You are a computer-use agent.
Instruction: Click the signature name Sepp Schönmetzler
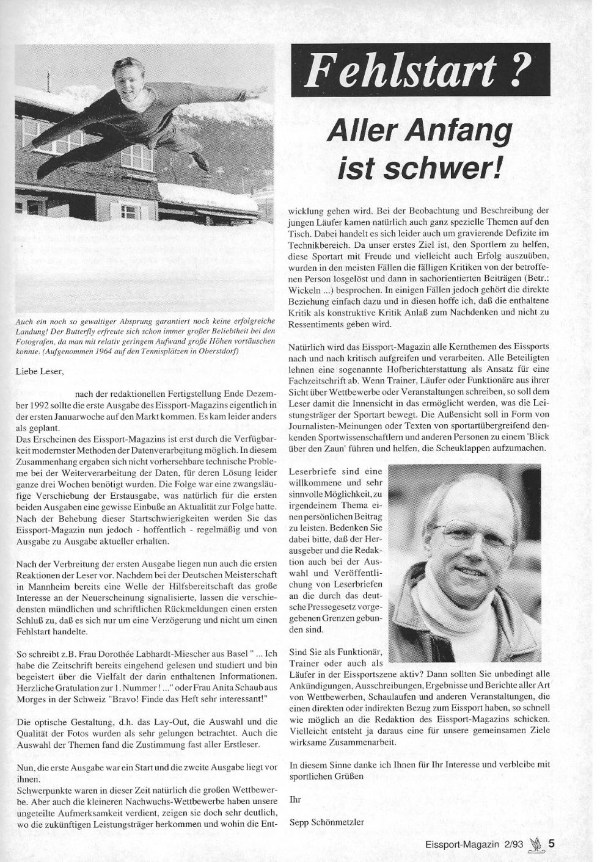[x=326, y=822]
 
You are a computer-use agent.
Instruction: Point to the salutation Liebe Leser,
[x=39, y=370]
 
